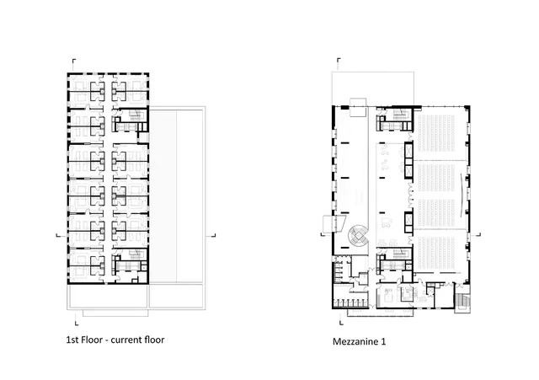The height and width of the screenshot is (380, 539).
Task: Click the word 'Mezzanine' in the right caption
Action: [x=355, y=341]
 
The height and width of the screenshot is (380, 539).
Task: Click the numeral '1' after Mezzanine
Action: [x=383, y=341]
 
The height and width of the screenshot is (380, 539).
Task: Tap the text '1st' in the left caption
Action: [x=72, y=340]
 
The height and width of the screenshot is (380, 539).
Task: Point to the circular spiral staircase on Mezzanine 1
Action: [x=358, y=236]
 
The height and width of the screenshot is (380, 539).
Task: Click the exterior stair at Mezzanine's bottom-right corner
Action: [x=462, y=302]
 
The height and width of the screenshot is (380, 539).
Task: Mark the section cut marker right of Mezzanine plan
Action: [x=478, y=234]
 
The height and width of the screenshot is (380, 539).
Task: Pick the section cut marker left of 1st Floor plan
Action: [x=58, y=235]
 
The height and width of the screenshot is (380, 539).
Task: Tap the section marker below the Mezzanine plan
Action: [x=341, y=322]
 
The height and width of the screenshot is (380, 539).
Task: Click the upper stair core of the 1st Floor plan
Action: [x=131, y=120]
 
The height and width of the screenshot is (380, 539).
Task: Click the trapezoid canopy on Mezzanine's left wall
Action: [x=334, y=222]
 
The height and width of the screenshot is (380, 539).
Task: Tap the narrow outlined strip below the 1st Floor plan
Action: [x=115, y=313]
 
